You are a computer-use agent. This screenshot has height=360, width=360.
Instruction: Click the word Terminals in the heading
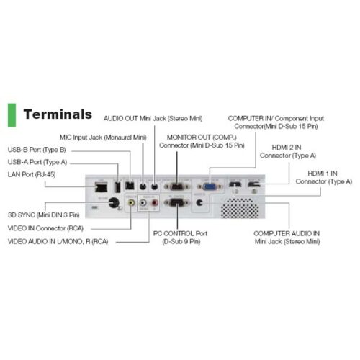coord(58,114)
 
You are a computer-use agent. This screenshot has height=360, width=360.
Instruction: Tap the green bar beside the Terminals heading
coord(12,115)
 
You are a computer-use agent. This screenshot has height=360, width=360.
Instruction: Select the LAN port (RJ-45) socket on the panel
coord(101,187)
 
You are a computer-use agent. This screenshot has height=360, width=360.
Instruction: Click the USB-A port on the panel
coord(117,187)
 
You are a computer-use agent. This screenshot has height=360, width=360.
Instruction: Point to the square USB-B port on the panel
coord(130,186)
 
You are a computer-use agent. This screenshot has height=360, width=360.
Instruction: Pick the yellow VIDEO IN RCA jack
coord(131,203)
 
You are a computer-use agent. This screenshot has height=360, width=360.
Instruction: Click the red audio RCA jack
coord(155,203)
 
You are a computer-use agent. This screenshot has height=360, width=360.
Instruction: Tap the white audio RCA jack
coord(143,203)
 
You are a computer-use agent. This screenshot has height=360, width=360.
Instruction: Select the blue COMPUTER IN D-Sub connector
coord(210,186)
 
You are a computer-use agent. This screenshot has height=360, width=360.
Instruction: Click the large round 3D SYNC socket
coord(114,203)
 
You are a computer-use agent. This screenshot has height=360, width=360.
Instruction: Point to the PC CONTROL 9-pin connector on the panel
coord(177,203)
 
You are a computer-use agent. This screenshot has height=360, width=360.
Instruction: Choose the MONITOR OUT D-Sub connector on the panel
coord(177,186)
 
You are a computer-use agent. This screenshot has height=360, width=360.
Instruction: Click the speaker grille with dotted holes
coord(240,208)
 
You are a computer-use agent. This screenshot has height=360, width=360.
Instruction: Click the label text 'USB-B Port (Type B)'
coord(37,150)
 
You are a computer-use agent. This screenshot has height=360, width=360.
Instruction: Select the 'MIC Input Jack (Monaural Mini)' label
coord(103,138)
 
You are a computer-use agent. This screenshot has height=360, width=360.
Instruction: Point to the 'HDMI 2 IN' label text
coord(287,148)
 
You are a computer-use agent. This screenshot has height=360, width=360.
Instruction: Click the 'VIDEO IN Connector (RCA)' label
coord(45,228)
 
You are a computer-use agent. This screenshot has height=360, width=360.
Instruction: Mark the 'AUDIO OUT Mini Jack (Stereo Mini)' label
coord(153,118)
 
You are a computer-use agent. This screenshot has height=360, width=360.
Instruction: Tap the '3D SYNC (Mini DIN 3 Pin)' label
coord(44,215)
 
